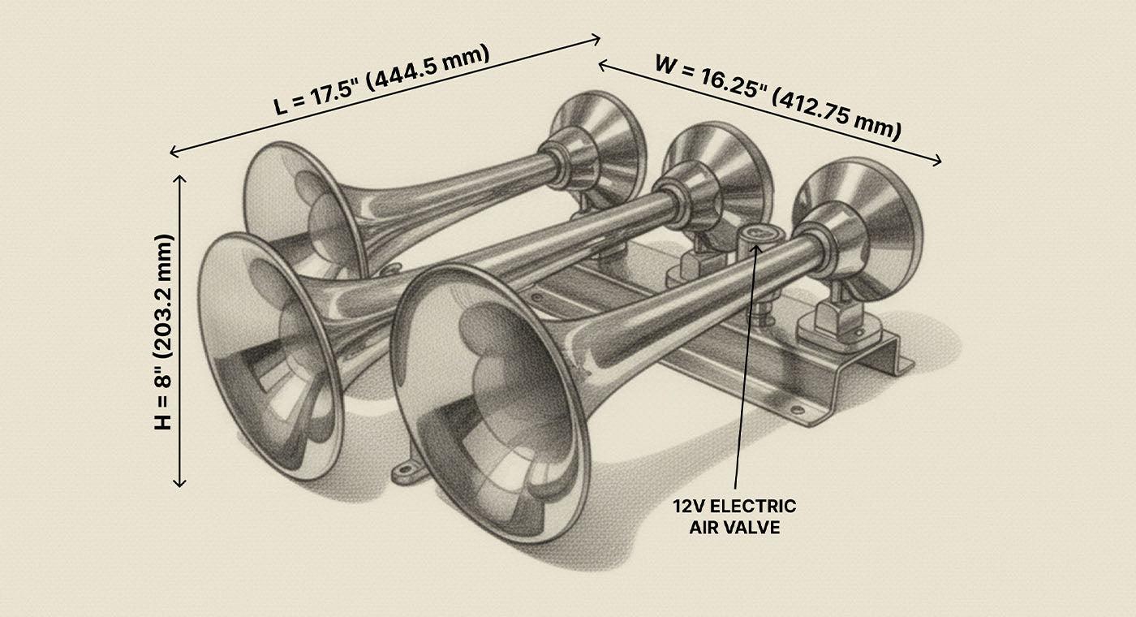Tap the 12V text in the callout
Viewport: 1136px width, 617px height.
(689, 507)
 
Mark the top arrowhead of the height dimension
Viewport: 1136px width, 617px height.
(179, 178)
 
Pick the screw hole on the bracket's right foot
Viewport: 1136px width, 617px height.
(797, 411)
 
